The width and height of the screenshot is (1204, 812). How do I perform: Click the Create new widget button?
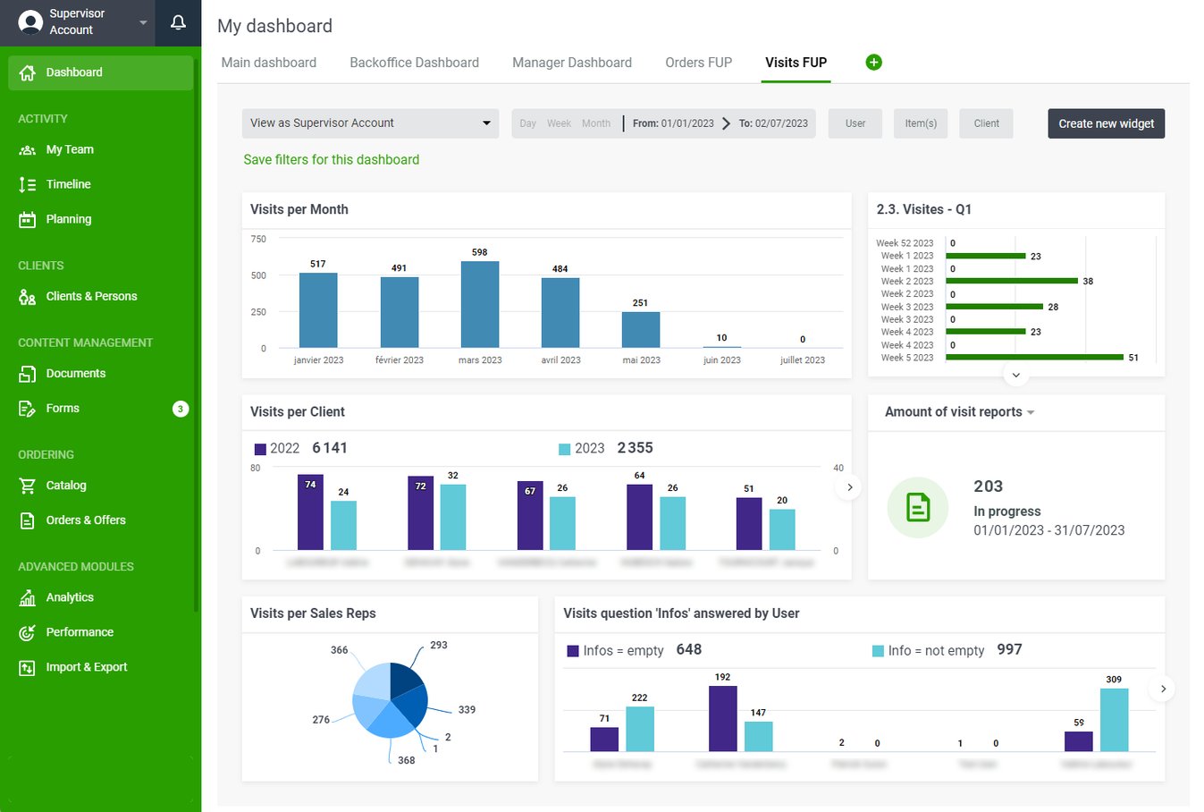point(1106,123)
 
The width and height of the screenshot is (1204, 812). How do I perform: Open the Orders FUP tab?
point(698,63)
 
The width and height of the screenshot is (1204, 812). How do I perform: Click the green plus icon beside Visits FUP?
point(873,62)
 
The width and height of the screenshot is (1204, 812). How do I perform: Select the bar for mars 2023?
point(480,304)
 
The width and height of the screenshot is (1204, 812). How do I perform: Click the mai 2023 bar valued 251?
point(641,329)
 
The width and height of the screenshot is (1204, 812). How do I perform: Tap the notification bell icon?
point(178,22)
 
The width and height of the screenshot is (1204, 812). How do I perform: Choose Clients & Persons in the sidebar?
point(91,296)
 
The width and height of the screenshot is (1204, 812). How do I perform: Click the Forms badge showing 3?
point(180,409)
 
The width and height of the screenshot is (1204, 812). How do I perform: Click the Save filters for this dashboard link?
point(331,159)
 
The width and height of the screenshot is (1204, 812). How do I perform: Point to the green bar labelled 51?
point(1034,357)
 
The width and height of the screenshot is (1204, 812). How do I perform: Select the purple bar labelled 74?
point(310,512)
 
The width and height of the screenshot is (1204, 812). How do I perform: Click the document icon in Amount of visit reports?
point(917,507)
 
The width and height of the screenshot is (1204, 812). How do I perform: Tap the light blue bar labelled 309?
point(1114,719)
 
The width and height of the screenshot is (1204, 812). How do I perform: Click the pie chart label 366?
point(339,650)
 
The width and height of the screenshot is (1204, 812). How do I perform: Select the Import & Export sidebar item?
point(86,667)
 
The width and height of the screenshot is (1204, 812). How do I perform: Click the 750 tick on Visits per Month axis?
point(258,239)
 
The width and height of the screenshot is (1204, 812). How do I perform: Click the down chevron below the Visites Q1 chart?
point(1015,375)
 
